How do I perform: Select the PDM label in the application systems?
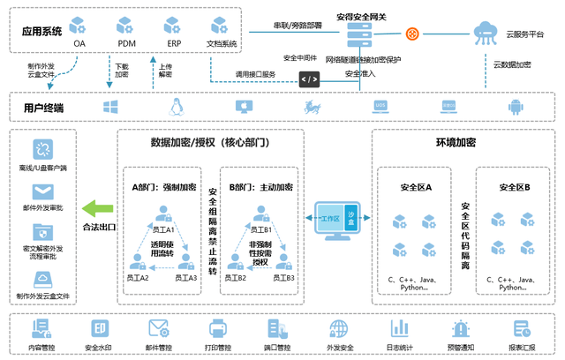click(127, 42)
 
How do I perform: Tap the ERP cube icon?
click(173, 23)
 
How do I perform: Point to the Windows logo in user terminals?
click(111, 107)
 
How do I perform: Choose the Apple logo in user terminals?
click(244, 107)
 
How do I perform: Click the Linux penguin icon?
click(176, 107)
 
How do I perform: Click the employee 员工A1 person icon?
click(162, 214)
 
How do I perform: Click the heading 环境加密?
click(456, 143)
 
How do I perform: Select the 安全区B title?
click(514, 187)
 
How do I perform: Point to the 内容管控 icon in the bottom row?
click(41, 328)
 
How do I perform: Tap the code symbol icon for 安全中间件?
click(309, 79)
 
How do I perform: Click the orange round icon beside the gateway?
click(411, 34)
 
